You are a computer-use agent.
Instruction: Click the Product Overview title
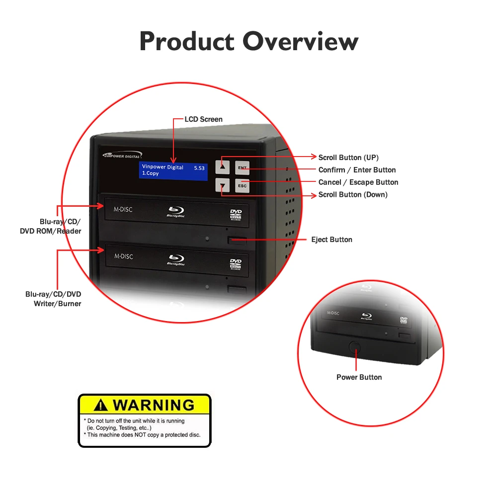click(248, 41)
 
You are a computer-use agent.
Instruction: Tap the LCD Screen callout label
click(204, 119)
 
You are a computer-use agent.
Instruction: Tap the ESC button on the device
click(242, 186)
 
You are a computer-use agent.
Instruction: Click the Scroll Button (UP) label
click(348, 158)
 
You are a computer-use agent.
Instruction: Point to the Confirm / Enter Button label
click(357, 170)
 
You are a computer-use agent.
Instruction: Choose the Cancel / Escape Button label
click(358, 182)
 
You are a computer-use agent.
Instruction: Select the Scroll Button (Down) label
click(353, 194)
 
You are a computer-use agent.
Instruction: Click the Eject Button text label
click(331, 240)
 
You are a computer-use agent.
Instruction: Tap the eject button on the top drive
click(237, 241)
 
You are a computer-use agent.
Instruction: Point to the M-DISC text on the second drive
click(123, 256)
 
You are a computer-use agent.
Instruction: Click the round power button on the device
click(354, 347)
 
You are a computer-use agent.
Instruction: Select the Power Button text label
click(359, 377)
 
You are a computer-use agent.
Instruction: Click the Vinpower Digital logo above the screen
click(122, 155)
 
